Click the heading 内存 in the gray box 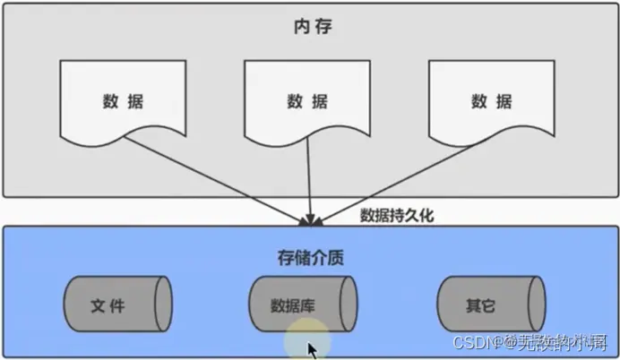309,25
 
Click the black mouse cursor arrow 313,349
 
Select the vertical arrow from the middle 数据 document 310,179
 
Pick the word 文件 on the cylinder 108,305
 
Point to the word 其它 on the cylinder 480,305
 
